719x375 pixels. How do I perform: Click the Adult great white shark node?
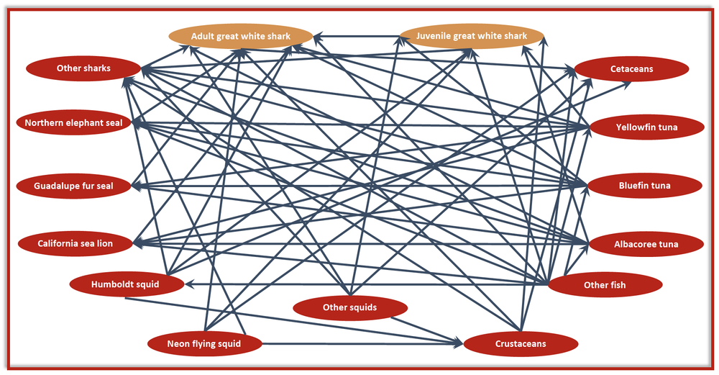241,36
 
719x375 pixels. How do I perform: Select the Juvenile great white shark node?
472,36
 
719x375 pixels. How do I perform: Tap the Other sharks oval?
83,68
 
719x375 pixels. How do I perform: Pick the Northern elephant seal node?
74,122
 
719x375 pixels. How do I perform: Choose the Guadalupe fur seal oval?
73,186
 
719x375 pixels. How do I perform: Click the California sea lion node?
75,243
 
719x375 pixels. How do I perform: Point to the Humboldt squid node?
127,284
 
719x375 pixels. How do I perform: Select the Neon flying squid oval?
204,343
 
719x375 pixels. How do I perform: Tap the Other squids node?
350,307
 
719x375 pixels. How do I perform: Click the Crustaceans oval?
521,344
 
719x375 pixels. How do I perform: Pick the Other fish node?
605,285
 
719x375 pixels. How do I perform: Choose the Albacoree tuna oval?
646,244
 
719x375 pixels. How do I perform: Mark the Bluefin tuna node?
644,186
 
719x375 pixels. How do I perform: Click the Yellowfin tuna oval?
646,127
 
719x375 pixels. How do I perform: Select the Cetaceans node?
631,69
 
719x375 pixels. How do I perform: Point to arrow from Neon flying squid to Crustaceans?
362,343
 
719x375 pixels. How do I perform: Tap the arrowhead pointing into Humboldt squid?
188,284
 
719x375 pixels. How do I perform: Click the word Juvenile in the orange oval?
434,36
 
